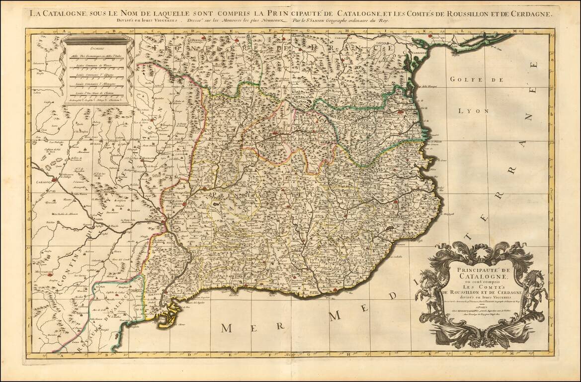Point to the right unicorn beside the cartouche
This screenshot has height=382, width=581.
[x=536, y=288]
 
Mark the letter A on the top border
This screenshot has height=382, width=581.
[x=64, y=31]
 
